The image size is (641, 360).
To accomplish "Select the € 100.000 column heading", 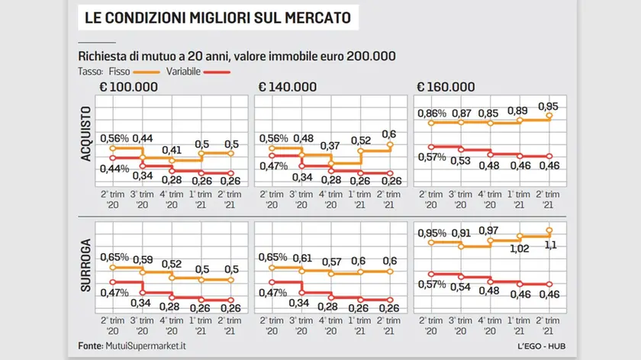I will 128,86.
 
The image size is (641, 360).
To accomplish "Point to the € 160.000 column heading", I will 443,86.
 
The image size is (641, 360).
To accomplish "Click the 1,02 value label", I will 519,248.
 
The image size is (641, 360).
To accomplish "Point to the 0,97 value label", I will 490,230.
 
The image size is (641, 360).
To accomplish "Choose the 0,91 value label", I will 461,233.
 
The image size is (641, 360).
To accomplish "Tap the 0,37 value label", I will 330,146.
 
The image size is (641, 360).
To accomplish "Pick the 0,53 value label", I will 461,161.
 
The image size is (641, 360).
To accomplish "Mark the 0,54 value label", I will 461,287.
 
